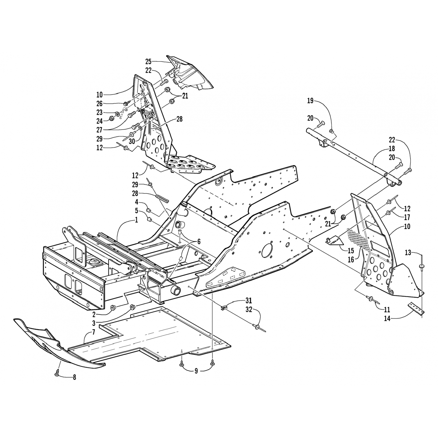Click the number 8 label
74,378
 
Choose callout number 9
196,371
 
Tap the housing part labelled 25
190,74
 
